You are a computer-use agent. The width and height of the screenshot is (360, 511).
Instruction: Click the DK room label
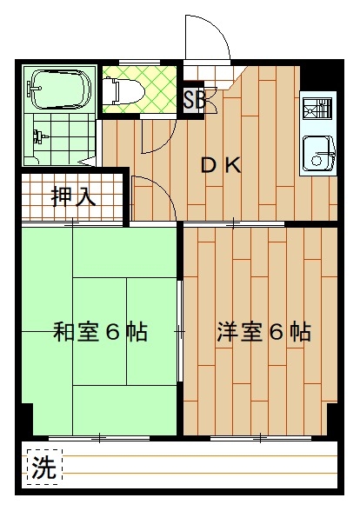click(221, 165)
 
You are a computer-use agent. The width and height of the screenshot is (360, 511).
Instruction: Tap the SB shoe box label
click(194, 100)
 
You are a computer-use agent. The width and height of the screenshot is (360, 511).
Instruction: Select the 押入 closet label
click(74, 196)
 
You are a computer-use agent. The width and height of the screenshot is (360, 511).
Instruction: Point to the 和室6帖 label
click(100, 331)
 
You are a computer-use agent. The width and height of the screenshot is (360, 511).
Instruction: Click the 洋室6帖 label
click(263, 331)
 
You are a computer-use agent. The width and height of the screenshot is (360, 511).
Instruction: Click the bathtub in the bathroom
click(61, 90)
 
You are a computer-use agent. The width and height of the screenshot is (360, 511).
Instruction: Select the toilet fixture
click(123, 90)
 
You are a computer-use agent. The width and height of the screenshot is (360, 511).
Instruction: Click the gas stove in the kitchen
click(317, 108)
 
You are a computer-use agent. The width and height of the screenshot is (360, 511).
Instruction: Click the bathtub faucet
click(34, 88)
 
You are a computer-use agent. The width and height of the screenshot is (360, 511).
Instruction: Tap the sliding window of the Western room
click(261, 438)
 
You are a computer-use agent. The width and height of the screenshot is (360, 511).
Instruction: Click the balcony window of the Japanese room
click(100, 438)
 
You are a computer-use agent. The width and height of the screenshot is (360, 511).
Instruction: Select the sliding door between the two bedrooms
click(180, 331)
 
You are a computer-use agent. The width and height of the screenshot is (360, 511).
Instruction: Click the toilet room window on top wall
click(139, 62)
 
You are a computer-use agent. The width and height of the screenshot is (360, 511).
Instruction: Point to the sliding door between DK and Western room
click(234, 224)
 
